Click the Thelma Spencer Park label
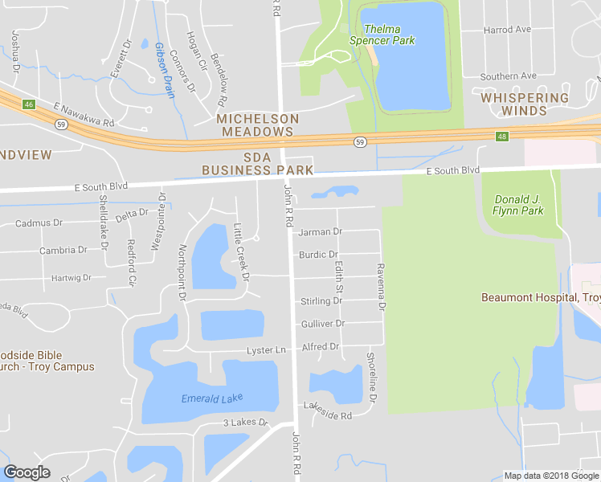point(382,35)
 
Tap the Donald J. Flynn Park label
point(518,205)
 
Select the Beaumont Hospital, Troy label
point(541,297)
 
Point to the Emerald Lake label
point(211,398)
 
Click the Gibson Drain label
point(165,69)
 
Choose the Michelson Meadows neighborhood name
point(257,125)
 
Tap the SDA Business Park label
point(257,164)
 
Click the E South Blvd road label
point(452,170)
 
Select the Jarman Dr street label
point(320,231)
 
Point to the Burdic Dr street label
point(318,255)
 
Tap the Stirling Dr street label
point(321,301)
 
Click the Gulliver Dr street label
point(322,323)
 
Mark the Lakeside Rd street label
point(328,416)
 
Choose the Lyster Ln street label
point(266,350)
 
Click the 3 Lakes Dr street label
point(245,423)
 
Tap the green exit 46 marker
point(29,104)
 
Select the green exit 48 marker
point(502,137)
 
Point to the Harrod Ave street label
point(507,30)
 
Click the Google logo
point(27,472)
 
